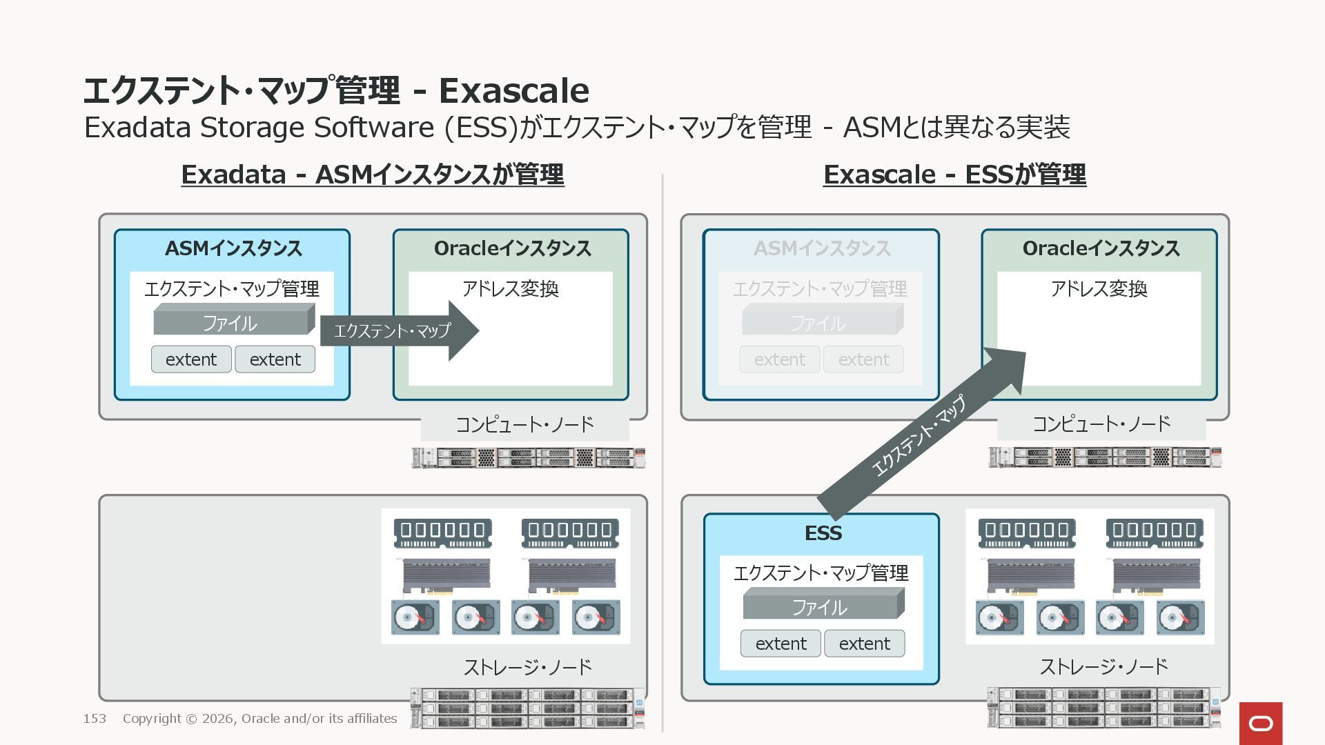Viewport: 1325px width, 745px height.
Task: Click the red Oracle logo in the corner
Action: (x=1260, y=723)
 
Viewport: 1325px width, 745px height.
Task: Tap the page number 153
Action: (x=95, y=719)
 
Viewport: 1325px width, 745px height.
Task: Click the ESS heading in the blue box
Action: (x=823, y=533)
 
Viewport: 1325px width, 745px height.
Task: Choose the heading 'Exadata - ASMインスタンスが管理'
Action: (x=373, y=175)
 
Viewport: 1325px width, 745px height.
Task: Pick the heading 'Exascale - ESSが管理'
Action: (x=954, y=175)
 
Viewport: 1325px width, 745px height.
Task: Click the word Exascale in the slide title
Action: (x=514, y=90)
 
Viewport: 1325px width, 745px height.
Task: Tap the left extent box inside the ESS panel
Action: (x=781, y=644)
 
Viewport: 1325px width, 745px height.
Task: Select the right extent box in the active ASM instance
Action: (x=275, y=359)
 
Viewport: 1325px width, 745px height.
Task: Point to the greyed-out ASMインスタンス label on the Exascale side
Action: (x=821, y=248)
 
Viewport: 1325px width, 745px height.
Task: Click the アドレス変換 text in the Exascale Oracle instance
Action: (x=1099, y=288)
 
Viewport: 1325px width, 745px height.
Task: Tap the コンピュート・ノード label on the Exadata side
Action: (x=524, y=424)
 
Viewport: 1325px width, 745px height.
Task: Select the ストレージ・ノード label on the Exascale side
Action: (x=1103, y=666)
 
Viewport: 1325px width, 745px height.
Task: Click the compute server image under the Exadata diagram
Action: (x=528, y=457)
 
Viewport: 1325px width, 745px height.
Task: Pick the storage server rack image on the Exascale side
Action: (x=1103, y=707)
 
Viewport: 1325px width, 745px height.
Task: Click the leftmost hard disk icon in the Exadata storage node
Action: (x=415, y=617)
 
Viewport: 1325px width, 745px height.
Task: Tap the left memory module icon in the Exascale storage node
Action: (x=1026, y=533)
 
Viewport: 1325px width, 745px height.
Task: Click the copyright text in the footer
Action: (x=259, y=719)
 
